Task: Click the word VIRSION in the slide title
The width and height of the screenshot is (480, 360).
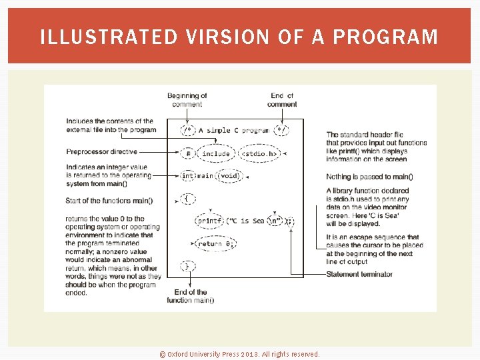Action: (x=224, y=37)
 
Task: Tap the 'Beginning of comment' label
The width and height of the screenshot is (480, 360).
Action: (x=187, y=100)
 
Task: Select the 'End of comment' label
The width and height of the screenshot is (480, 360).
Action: (x=282, y=100)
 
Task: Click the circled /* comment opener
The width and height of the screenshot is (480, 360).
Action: (x=189, y=131)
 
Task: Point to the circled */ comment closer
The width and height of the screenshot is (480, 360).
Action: (x=283, y=131)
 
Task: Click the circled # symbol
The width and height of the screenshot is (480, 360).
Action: (x=189, y=153)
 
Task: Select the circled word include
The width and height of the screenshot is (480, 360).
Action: (x=215, y=153)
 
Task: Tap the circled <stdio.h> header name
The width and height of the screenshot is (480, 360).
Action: (x=259, y=153)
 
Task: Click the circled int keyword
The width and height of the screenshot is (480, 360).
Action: (x=188, y=176)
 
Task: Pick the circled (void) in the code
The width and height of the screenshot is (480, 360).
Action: (x=229, y=176)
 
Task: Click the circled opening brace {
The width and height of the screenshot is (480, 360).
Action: (x=188, y=199)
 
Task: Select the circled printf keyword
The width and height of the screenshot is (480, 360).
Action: (x=209, y=221)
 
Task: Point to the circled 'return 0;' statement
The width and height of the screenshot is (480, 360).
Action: (x=214, y=244)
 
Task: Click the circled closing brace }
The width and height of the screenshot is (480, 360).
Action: (x=188, y=266)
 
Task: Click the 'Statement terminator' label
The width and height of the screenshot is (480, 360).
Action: (x=359, y=274)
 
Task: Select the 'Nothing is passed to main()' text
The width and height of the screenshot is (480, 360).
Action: (x=369, y=177)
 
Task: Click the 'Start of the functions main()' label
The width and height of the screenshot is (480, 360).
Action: (x=109, y=201)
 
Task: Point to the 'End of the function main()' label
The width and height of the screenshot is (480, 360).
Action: (x=191, y=296)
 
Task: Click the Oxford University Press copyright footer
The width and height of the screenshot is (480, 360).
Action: (x=240, y=354)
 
